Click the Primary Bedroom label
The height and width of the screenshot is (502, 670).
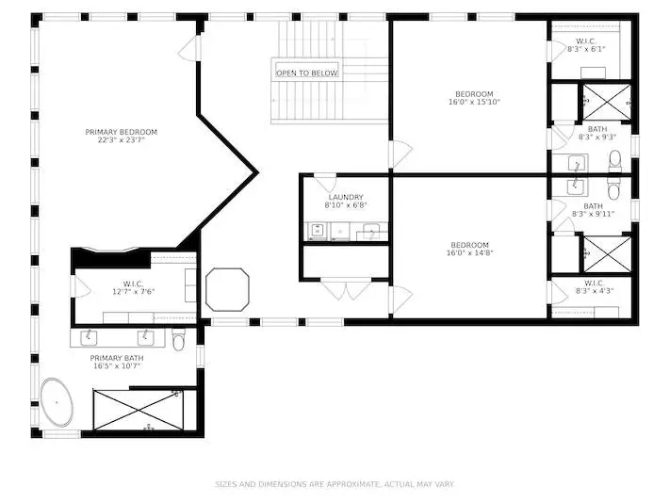point(122,132)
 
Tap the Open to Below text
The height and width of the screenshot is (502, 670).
point(307,73)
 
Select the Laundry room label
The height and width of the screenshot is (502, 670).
point(346,197)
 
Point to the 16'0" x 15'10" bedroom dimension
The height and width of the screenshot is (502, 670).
point(474,102)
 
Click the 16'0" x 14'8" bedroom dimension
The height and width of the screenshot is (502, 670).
point(469,252)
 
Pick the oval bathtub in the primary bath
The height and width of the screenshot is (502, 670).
point(57,402)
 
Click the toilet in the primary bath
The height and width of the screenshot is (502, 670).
point(179,339)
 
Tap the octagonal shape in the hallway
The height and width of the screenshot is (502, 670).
point(227,289)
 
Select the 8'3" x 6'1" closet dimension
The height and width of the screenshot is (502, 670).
point(586,49)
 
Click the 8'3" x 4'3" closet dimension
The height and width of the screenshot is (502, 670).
point(595,291)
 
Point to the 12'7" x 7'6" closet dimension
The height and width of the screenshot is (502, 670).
point(133,292)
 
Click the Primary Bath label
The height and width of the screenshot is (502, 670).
point(117,358)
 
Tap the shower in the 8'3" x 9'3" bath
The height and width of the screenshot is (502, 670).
point(607,102)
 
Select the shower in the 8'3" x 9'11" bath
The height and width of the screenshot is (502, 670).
point(607,253)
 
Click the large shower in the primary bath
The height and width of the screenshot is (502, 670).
point(139,410)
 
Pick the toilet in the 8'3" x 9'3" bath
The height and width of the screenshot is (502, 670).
point(615,161)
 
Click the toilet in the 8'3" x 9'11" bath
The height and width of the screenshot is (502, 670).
point(614,189)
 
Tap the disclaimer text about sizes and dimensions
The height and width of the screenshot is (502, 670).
point(335,484)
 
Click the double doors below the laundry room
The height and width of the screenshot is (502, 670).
point(346,289)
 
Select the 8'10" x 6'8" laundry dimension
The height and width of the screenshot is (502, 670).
point(346,205)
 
